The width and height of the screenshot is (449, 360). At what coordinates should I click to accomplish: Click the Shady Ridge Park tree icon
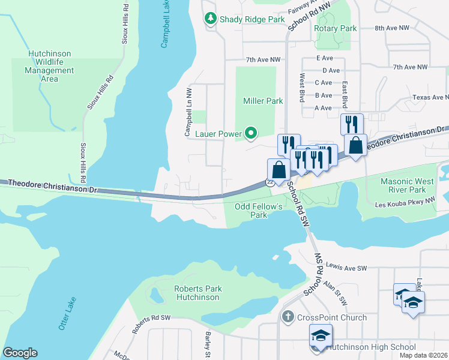(211, 19)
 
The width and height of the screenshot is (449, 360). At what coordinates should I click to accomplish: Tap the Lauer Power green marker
(251, 134)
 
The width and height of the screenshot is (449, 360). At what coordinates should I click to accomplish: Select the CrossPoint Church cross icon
(288, 317)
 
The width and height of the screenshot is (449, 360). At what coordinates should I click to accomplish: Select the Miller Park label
(263, 101)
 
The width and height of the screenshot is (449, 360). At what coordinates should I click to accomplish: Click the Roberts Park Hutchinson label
(197, 293)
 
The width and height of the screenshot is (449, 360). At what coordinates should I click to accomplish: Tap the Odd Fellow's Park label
(258, 211)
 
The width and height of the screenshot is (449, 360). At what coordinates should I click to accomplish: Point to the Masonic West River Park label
(412, 185)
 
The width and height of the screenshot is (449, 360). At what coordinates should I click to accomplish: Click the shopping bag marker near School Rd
(278, 170)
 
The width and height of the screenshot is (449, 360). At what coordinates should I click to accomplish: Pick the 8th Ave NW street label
(391, 28)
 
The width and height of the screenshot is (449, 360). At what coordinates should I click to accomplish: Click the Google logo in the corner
(20, 353)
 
